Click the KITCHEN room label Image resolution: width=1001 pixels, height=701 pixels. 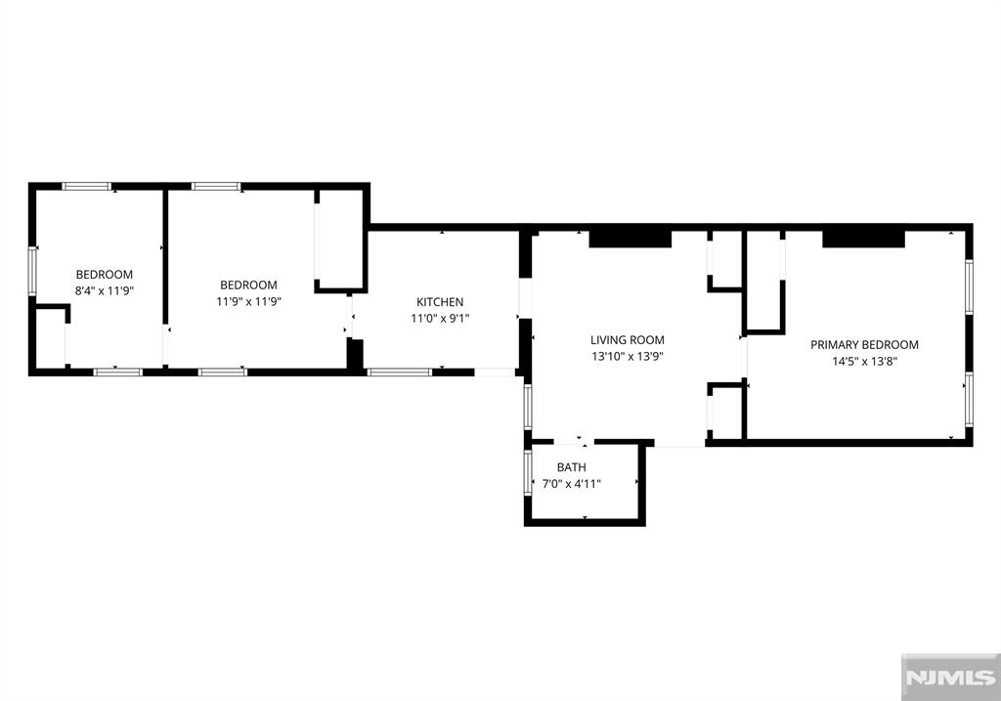point(440,302)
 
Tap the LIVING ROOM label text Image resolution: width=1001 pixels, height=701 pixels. point(627,340)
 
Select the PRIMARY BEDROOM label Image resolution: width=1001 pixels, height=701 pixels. point(864,345)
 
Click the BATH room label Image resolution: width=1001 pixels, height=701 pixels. point(571,467)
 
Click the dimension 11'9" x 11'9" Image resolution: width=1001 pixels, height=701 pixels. point(249,301)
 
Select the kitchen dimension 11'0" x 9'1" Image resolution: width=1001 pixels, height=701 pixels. point(440,318)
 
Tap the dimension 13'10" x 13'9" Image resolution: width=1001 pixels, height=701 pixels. point(628,357)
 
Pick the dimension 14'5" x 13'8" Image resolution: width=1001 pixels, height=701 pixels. point(864,362)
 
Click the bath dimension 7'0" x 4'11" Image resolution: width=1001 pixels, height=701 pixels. point(571,484)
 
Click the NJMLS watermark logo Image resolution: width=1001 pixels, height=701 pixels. point(950,677)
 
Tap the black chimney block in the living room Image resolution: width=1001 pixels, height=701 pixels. point(631,240)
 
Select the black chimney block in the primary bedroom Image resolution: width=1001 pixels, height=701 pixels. point(863,240)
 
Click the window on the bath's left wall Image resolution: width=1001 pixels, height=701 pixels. point(528,472)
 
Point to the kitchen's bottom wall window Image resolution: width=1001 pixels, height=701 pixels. point(400,372)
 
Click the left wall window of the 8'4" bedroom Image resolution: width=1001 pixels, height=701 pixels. point(32,272)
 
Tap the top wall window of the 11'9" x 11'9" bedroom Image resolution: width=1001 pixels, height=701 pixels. point(216,187)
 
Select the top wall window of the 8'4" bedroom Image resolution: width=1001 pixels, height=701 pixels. point(87,187)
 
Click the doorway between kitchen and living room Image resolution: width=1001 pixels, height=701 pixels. point(525,298)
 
